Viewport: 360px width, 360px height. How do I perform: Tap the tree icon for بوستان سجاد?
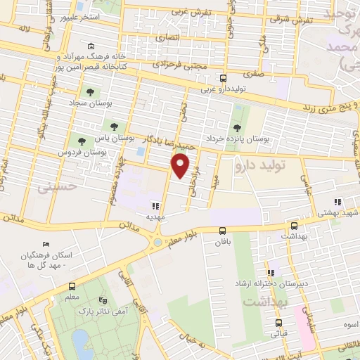(90, 91)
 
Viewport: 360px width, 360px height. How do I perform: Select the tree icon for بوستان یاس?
(114, 126)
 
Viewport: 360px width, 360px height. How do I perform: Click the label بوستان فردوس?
(83, 152)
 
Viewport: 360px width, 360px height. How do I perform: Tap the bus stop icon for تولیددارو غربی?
(223, 78)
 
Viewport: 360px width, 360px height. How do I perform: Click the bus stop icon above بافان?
(223, 230)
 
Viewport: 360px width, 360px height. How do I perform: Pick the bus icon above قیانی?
(278, 324)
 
